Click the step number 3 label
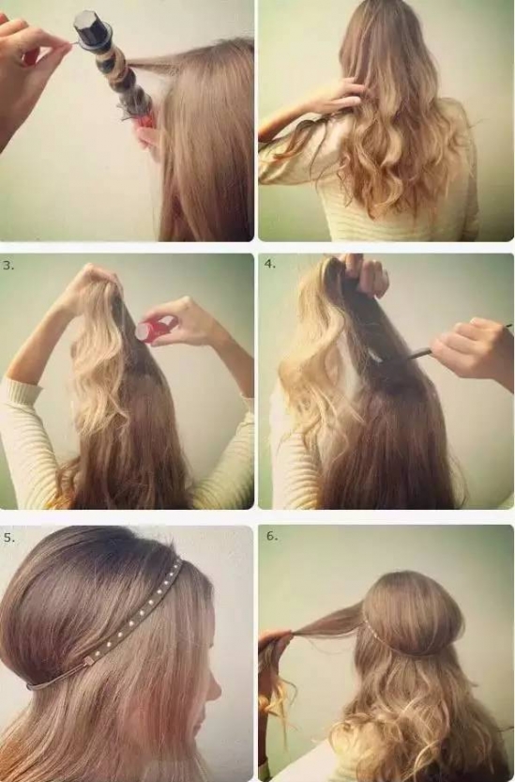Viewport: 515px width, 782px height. coord(8,266)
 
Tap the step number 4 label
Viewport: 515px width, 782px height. coord(270,265)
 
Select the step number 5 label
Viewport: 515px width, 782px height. coord(9,538)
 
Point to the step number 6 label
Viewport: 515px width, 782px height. coord(272,536)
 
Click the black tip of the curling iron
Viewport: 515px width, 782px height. coord(93,26)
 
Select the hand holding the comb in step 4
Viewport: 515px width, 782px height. coord(472,349)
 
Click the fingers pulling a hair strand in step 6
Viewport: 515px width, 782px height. coord(274,639)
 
